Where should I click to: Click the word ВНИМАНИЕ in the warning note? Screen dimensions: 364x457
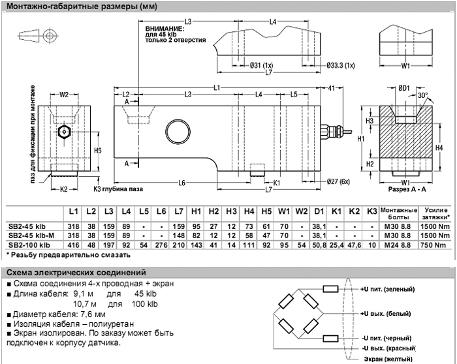click(161, 29)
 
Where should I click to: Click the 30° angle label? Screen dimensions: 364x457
click(424, 95)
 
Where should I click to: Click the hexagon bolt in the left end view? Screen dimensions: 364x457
click(63, 130)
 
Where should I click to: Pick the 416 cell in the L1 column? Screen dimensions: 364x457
click(74, 245)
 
